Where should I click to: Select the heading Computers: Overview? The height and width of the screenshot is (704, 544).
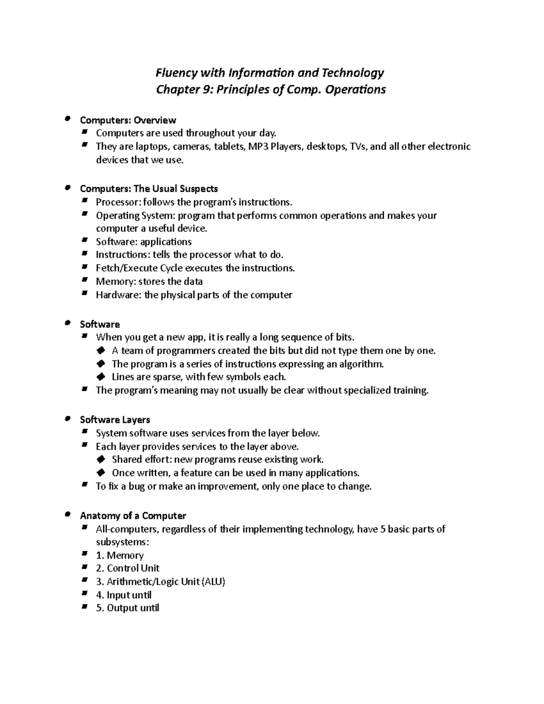[127, 120]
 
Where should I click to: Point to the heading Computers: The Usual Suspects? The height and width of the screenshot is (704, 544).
[149, 189]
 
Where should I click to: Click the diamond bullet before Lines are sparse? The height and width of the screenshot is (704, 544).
[101, 377]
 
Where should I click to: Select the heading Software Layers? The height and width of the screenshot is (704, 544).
[115, 420]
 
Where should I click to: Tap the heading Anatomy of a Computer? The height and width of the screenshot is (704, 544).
[133, 516]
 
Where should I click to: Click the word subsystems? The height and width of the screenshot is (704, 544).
[122, 542]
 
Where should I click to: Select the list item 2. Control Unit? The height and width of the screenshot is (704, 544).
[127, 568]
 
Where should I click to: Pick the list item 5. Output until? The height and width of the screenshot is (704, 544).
[127, 608]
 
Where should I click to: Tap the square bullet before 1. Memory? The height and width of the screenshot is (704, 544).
[84, 554]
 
